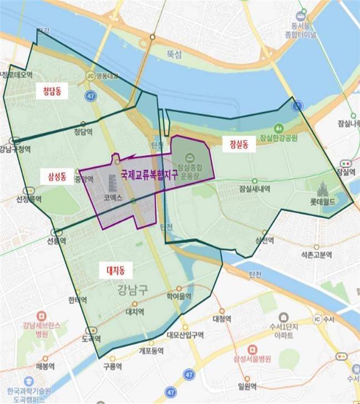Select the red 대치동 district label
pos(116,270)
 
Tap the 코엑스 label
pos(112,197)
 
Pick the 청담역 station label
pos(83,132)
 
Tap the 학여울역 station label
pos(179,297)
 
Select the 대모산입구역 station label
pos(185,335)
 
